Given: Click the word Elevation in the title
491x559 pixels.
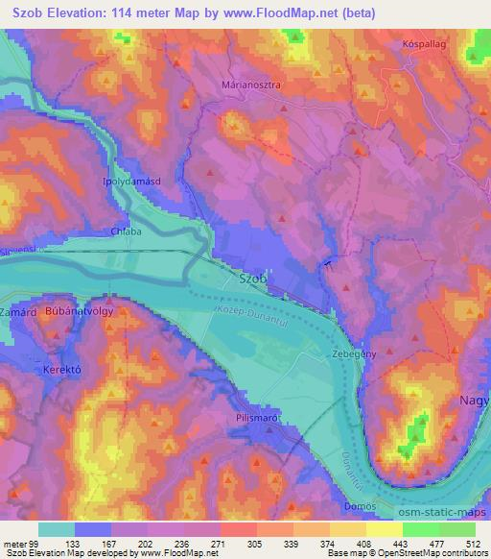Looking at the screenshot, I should [80, 13].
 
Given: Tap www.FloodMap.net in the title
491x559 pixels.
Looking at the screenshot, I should [281, 13].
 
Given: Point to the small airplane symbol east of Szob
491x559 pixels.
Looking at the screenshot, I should [328, 263].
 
